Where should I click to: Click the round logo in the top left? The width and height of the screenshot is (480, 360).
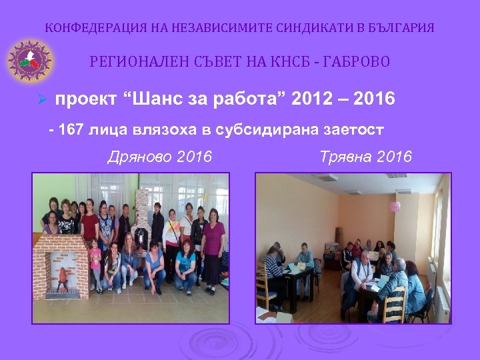(29, 61)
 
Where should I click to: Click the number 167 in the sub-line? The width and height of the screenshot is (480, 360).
(71, 130)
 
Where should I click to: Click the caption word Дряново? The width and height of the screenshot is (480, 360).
(139, 157)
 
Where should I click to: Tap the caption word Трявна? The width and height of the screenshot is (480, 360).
(345, 157)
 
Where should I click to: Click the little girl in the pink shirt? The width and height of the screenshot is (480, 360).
(95, 263)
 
